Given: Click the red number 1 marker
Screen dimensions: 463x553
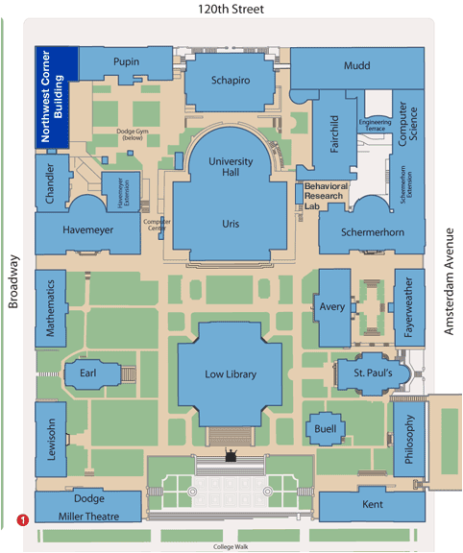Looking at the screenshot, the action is pyautogui.click(x=23, y=519).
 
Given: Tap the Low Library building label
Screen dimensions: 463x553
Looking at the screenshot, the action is pyautogui.click(x=231, y=374).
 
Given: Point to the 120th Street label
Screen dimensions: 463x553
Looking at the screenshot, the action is pyautogui.click(x=231, y=9).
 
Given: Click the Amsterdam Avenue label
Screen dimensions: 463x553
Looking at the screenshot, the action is pyautogui.click(x=449, y=281).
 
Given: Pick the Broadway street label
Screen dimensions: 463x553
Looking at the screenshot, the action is pyautogui.click(x=13, y=281).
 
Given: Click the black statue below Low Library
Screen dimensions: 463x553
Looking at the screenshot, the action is pyautogui.click(x=231, y=455).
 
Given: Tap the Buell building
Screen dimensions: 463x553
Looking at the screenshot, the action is pyautogui.click(x=325, y=428).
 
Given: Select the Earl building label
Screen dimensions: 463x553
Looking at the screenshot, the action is pyautogui.click(x=87, y=373).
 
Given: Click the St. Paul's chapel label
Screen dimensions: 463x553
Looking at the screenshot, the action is pyautogui.click(x=373, y=373).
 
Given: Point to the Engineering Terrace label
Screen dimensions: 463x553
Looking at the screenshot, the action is pyautogui.click(x=376, y=125).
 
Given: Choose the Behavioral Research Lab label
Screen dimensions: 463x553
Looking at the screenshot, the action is pyautogui.click(x=326, y=196).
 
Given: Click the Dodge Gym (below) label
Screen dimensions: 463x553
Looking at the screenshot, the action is pyautogui.click(x=133, y=134).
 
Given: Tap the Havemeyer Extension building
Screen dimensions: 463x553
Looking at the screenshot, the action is pyautogui.click(x=121, y=192).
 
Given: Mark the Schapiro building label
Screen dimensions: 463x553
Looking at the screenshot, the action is pyautogui.click(x=231, y=81).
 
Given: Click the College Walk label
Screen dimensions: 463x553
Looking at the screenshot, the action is pyautogui.click(x=231, y=546).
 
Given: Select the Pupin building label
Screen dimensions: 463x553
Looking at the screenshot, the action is pyautogui.click(x=126, y=61).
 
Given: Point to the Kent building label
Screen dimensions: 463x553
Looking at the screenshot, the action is pyautogui.click(x=373, y=504).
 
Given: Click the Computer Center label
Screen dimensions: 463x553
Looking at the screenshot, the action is pyautogui.click(x=157, y=225).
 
